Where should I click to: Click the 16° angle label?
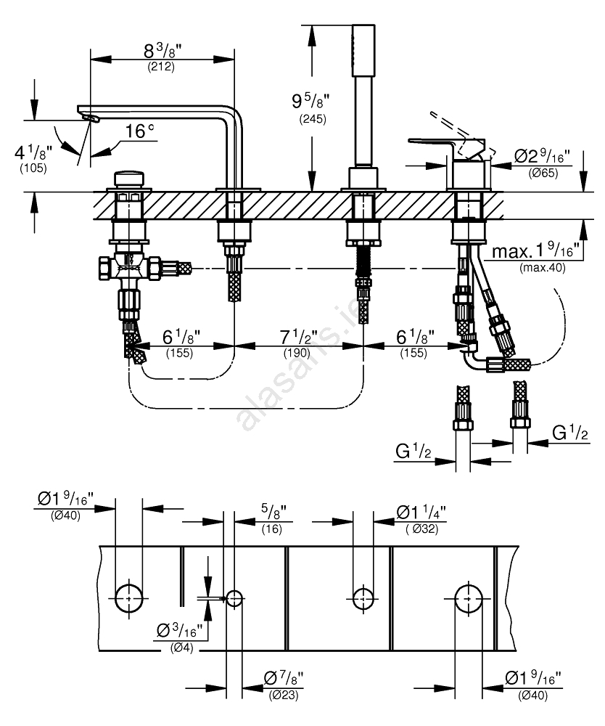pyautogui.click(x=140, y=132)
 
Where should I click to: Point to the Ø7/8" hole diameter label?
pyautogui.click(x=283, y=679)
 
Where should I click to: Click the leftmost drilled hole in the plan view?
pyautogui.click(x=129, y=597)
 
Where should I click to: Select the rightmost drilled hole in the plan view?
pyautogui.click(x=469, y=597)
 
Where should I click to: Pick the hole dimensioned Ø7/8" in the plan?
pyautogui.click(x=234, y=598)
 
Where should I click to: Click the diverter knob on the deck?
pyautogui.click(x=128, y=178)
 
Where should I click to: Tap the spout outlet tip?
pyautogui.click(x=87, y=116)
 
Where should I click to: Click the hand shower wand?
pyautogui.click(x=361, y=94)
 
